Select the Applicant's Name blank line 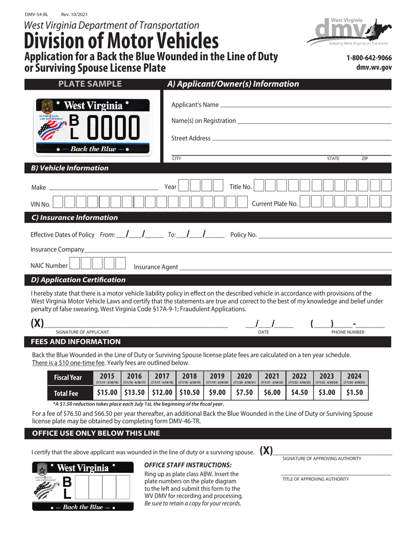305,105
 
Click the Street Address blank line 301,139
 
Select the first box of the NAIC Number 75,264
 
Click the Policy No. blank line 324,236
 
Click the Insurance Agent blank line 285,268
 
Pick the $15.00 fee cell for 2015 107,392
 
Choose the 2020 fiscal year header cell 244,378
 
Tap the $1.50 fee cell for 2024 354,392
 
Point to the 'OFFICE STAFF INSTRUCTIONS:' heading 188,465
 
